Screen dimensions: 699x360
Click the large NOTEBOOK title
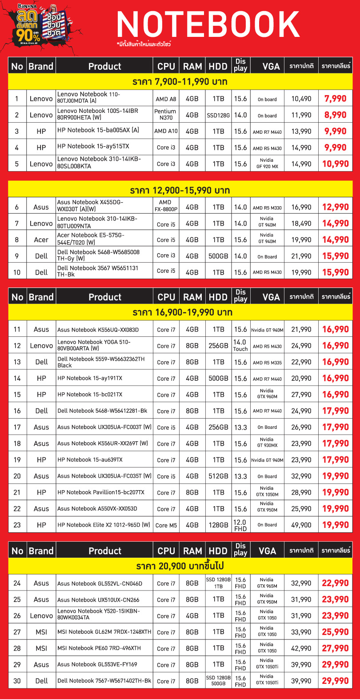coord(208,24)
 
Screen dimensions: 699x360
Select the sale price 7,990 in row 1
coord(335,99)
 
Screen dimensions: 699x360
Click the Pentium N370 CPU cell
coord(166,115)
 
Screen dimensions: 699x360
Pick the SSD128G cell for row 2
coord(218,115)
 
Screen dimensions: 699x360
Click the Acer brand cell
coord(41,240)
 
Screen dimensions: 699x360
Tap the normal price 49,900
coord(301,525)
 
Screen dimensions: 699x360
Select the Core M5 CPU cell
coord(166,525)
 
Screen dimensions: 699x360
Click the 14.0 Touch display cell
coord(240,345)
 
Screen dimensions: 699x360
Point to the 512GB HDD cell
coord(218,476)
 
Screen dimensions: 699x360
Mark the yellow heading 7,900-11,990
coord(180,82)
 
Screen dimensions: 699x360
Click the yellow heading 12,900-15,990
coord(180,191)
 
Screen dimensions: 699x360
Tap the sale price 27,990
coord(335,648)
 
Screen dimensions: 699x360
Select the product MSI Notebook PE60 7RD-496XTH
coord(99,648)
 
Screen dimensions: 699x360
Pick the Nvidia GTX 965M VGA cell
coord(267,583)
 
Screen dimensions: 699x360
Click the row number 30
coord(17,681)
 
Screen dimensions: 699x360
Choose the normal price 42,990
coord(301,648)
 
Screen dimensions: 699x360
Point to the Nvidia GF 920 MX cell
coord(267,164)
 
